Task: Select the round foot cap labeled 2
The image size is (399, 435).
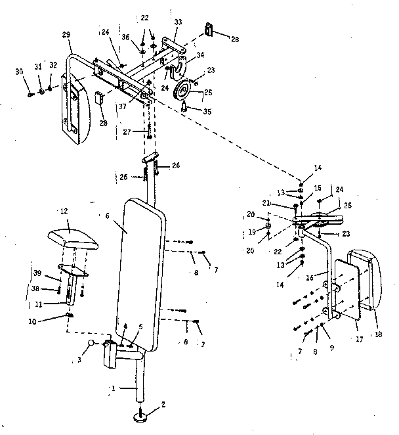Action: coord(144,415)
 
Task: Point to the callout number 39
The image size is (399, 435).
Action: coord(38,273)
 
